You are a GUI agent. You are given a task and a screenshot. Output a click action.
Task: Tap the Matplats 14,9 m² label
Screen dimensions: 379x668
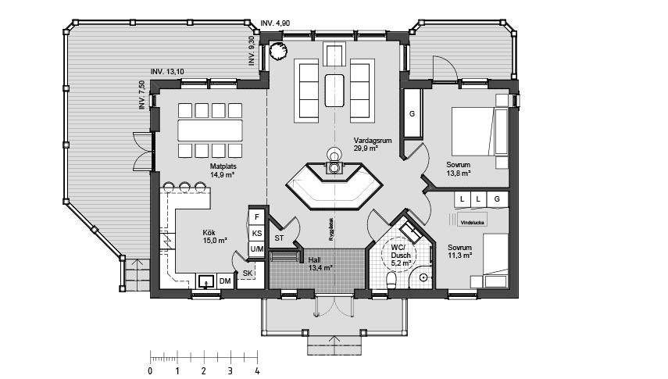click(x=223, y=170)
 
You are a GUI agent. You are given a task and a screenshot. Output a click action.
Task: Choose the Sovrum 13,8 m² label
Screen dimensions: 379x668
click(x=459, y=169)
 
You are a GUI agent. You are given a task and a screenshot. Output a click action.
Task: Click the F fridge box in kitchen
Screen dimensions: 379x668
click(x=256, y=216)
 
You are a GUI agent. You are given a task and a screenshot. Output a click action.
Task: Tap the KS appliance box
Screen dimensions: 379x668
click(x=256, y=233)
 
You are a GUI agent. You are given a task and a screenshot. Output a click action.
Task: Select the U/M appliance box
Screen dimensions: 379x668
click(x=256, y=248)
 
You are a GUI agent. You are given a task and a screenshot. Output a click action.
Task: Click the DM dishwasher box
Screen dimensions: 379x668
click(x=224, y=281)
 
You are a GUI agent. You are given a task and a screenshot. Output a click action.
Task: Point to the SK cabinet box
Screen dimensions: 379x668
click(x=248, y=273)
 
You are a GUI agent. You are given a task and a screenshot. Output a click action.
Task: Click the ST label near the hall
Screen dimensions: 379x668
click(x=279, y=238)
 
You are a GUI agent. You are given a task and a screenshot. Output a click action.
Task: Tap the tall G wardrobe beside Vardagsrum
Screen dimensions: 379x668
click(x=412, y=115)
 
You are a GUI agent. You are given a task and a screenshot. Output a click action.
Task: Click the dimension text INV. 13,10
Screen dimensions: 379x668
click(x=168, y=72)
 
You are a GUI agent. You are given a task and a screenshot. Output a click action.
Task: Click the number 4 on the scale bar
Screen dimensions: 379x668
click(x=256, y=370)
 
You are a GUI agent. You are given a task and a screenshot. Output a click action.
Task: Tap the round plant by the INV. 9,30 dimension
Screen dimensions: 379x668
click(x=277, y=51)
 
